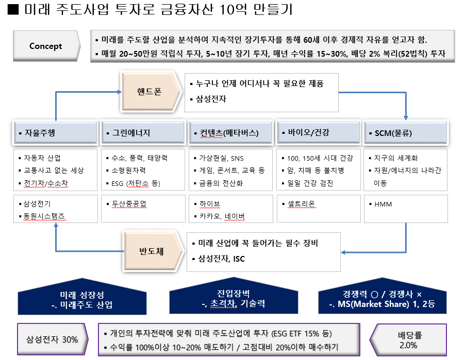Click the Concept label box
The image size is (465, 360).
(45, 46)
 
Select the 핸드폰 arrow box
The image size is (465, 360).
(150, 92)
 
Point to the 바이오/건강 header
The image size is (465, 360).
(318, 133)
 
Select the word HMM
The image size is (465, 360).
(384, 204)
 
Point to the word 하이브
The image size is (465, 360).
(210, 204)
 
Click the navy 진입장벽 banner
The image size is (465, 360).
(233, 299)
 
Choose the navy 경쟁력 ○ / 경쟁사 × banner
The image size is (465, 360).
(382, 299)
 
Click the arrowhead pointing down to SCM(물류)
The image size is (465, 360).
(406, 118)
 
